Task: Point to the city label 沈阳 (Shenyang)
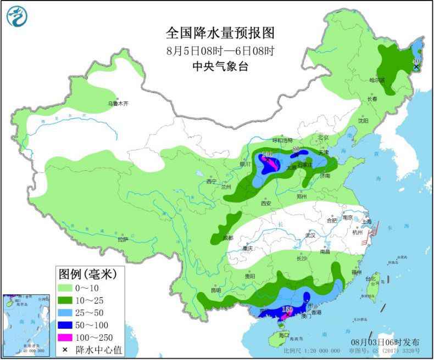pyautogui.click(x=363, y=120)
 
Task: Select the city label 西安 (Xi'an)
pyautogui.click(x=266, y=203)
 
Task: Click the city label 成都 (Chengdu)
pyautogui.click(x=227, y=238)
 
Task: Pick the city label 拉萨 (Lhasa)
pyautogui.click(x=123, y=239)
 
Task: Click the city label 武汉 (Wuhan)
pyautogui.click(x=311, y=235)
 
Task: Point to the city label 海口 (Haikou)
pyautogui.click(x=283, y=335)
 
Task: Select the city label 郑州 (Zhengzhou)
pyautogui.click(x=302, y=196)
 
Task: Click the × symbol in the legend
pyautogui.click(x=65, y=348)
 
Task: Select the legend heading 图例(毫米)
pyautogui.click(x=91, y=273)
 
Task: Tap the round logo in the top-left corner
pyautogui.click(x=17, y=16)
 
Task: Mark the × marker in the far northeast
pyautogui.click(x=416, y=67)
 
